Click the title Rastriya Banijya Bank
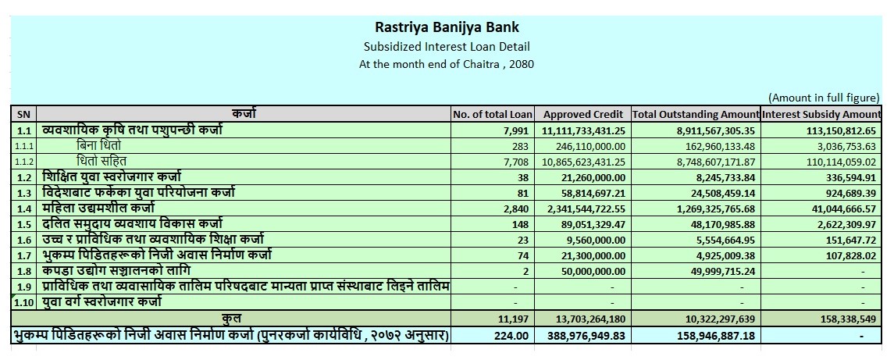tap(447, 27)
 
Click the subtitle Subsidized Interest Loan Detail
tap(447, 47)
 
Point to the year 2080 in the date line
tap(522, 64)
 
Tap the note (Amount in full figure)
tap(824, 98)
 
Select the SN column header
tap(23, 114)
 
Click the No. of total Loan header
tap(491, 114)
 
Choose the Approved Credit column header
tap(583, 114)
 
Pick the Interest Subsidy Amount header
tap(821, 114)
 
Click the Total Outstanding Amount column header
tap(696, 114)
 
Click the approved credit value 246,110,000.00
tap(589, 146)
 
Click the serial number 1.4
tap(23, 209)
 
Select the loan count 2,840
tap(517, 209)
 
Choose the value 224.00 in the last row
tap(511, 336)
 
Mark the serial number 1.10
tap(23, 301)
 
